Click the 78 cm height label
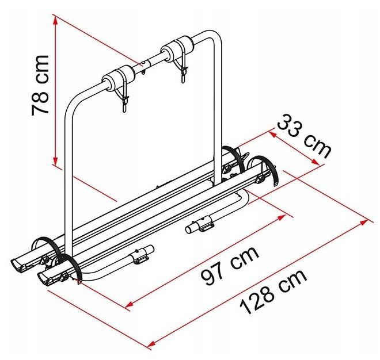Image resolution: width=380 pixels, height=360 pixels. (x=40, y=85)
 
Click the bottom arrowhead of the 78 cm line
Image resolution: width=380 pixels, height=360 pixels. (x=55, y=161)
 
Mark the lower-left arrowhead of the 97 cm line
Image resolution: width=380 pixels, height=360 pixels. (x=131, y=304)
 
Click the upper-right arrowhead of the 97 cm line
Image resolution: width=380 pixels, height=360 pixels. (x=281, y=217)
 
